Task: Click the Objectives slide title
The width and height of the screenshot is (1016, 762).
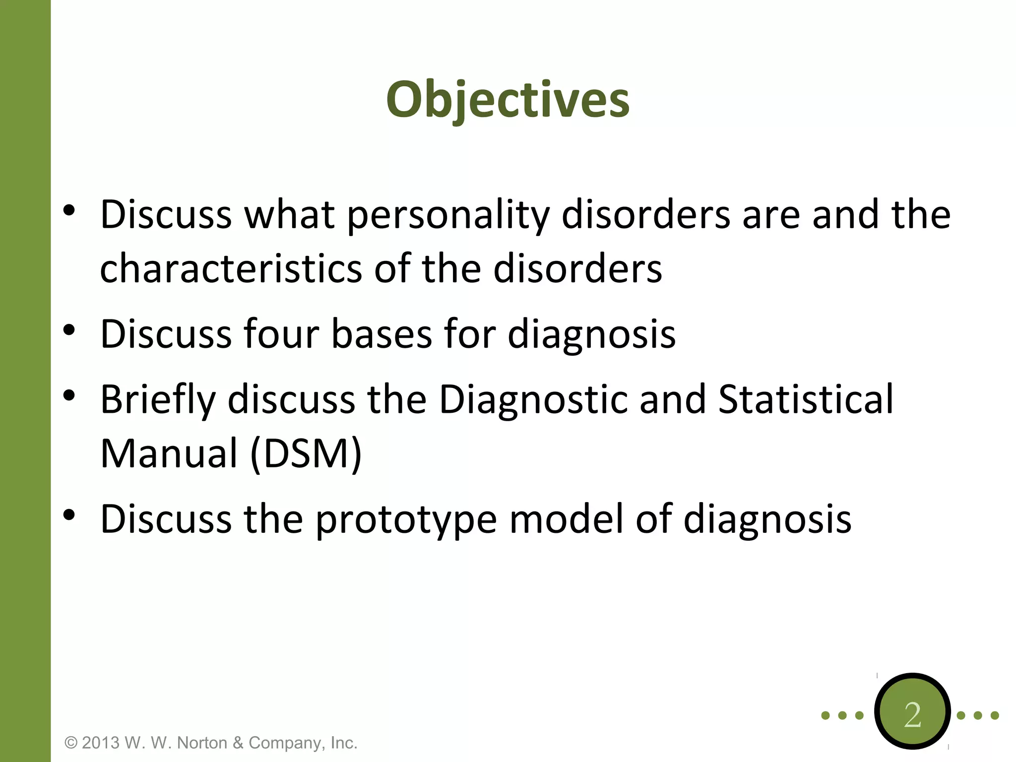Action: [508, 100]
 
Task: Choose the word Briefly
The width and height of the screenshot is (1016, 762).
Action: [158, 400]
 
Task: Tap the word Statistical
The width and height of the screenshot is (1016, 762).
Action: [805, 400]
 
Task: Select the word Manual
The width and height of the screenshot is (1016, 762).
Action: [169, 453]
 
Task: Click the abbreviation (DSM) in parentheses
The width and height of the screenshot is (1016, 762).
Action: [306, 453]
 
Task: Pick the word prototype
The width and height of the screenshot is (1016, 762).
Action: [406, 520]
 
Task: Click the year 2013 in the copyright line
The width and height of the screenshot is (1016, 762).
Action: [101, 743]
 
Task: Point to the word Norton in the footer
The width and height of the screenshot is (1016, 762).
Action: [202, 743]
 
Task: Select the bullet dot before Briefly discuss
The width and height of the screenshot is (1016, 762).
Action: [69, 395]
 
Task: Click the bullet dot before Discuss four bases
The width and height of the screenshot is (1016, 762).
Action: [69, 330]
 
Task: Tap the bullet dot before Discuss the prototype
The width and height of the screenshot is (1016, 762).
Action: [69, 515]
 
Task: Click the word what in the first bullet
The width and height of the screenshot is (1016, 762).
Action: [289, 215]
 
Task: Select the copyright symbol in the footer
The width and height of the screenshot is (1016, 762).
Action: [71, 743]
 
